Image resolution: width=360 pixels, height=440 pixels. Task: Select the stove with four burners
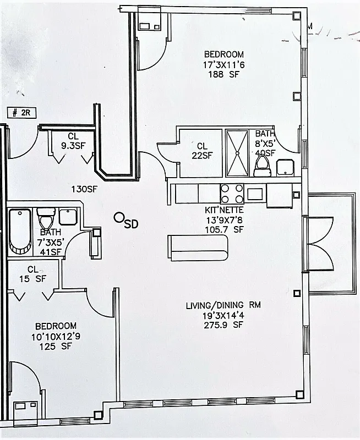[232, 194]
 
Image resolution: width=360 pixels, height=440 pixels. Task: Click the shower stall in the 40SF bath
[238, 152]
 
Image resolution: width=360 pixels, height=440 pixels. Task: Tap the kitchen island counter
[198, 248]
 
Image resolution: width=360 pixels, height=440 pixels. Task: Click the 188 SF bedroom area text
[223, 75]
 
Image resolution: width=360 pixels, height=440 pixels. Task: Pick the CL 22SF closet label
[201, 151]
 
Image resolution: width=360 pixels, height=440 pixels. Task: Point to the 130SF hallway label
[85, 189]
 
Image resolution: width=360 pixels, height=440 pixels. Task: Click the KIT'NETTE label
[223, 210]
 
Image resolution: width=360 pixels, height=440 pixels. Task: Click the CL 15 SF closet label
[33, 274]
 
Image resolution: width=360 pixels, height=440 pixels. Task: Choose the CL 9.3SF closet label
[73, 141]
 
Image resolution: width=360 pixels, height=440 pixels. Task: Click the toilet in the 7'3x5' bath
[44, 215]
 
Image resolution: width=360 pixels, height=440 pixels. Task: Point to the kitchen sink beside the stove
[256, 194]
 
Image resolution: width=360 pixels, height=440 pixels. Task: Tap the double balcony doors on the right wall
[318, 244]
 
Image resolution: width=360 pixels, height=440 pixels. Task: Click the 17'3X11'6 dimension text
[223, 64]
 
